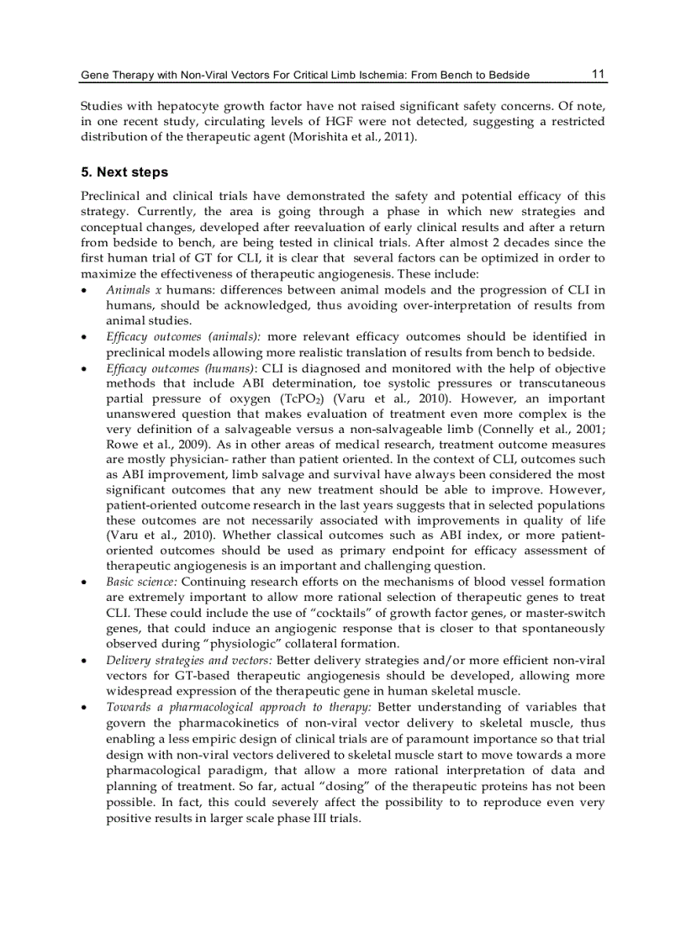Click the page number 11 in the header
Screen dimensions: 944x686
pos(598,74)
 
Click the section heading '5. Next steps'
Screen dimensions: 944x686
pos(124,172)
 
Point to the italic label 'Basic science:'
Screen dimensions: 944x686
pos(141,582)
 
